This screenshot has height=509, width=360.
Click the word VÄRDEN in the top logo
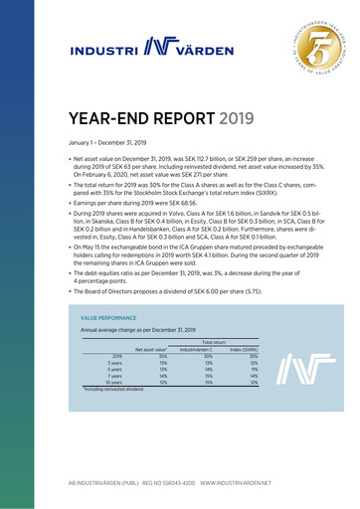(x=215, y=48)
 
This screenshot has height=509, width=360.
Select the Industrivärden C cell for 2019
(x=209, y=356)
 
